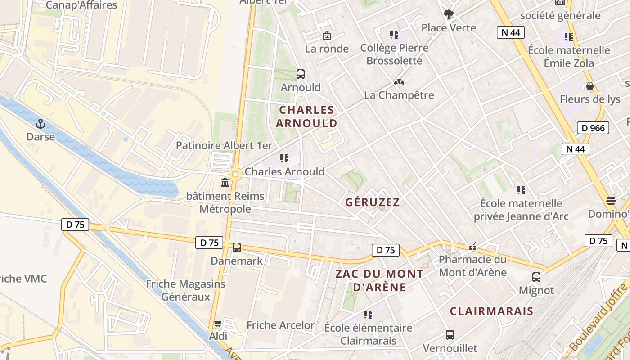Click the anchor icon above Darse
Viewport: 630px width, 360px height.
[x=40, y=123]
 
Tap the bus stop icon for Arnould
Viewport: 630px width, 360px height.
[x=300, y=74]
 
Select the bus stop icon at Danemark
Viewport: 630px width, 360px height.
[x=236, y=247]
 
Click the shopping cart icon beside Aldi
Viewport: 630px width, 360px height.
[x=218, y=323]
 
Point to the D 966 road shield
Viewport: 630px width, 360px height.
[x=593, y=128]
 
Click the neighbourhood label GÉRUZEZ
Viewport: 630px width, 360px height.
[x=372, y=202]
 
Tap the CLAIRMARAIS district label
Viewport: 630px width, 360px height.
[x=491, y=311]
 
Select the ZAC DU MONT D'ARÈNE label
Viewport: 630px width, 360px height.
[x=379, y=280]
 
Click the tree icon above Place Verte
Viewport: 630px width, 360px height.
[x=448, y=14]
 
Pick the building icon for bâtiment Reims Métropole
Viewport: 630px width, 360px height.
[x=225, y=183]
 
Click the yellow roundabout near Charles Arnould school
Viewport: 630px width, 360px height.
[x=234, y=174]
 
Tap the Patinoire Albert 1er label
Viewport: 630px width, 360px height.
[x=224, y=145]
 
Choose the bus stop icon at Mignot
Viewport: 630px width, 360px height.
[x=536, y=277]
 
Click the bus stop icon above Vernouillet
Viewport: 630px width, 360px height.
[x=450, y=334]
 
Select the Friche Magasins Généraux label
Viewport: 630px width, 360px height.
[x=185, y=290]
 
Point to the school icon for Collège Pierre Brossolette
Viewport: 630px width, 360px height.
[x=394, y=35]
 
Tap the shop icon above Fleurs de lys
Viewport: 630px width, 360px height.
[x=589, y=86]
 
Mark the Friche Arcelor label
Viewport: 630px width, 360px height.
[x=280, y=325]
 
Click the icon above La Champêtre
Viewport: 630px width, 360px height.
[x=398, y=82]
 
